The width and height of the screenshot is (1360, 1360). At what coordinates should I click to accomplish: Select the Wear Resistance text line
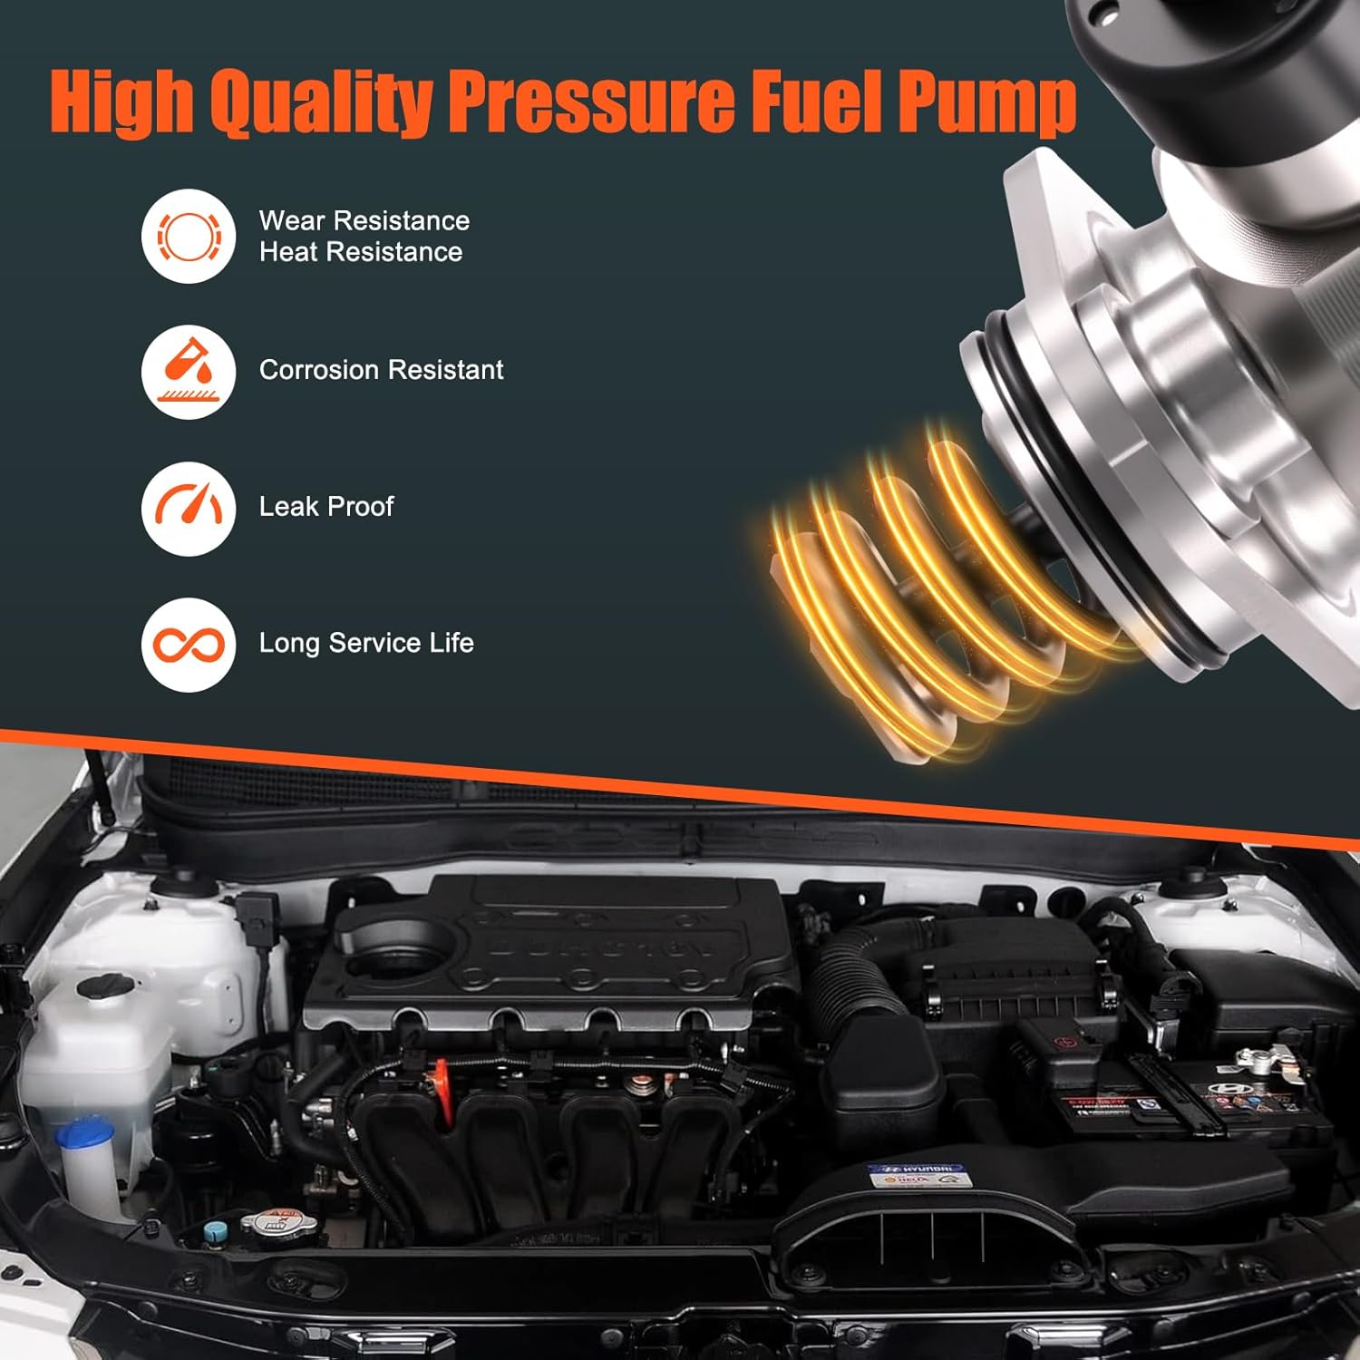tap(364, 220)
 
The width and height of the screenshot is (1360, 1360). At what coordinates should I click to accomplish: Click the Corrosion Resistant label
tap(381, 370)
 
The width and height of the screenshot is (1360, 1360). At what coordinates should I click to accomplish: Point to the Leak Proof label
tap(326, 506)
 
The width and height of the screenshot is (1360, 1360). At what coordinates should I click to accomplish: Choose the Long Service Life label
tap(366, 643)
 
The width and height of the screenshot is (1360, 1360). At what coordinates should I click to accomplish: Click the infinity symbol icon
tap(189, 645)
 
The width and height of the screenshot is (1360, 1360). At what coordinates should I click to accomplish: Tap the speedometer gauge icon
tap(189, 507)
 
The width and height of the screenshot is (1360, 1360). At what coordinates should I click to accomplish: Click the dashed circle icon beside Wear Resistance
tap(189, 236)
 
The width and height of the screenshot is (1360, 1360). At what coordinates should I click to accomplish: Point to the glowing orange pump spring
tap(916, 589)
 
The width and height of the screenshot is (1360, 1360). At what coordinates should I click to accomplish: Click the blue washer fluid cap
tap(85, 1135)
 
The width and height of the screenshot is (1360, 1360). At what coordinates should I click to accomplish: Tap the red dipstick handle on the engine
tap(442, 1079)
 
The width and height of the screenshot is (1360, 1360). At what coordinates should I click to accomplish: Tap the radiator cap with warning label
tap(265, 1220)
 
